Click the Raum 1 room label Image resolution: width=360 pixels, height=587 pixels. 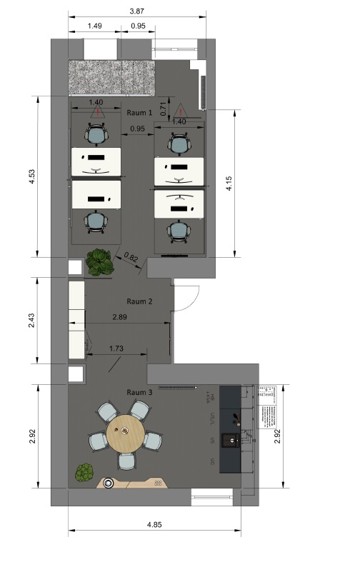(139, 113)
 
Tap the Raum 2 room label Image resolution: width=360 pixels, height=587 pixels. (139, 301)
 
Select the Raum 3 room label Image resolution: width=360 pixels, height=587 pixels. (139, 392)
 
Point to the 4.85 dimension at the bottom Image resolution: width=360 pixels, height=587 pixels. (154, 524)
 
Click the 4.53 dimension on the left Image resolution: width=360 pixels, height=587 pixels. (31, 176)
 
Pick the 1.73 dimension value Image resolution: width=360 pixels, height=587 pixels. (116, 348)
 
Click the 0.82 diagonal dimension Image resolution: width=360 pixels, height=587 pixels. (131, 257)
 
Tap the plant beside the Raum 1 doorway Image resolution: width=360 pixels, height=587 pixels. (99, 262)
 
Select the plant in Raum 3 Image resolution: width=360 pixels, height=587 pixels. (85, 472)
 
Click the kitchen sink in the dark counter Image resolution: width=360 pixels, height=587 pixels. (231, 440)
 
